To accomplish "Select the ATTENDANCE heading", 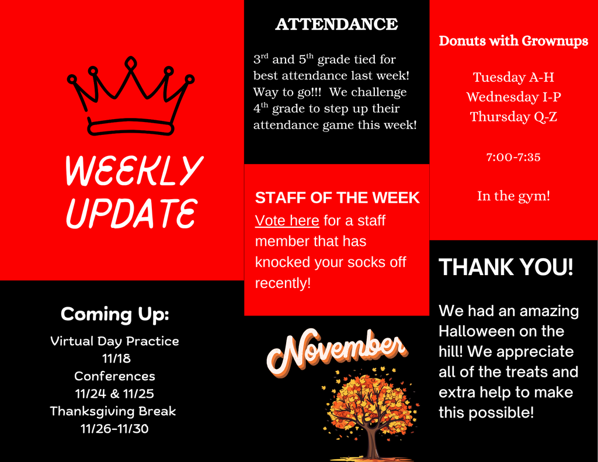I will coord(336,25).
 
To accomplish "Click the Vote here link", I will coord(287,221).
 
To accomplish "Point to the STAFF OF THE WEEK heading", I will coord(337,198).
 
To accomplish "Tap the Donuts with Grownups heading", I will coord(513,41).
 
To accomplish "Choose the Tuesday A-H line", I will coord(513,77).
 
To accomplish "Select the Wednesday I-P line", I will coord(513,96).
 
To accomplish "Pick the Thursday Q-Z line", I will coord(513,116).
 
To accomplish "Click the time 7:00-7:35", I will coord(513,157).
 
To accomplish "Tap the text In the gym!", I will coord(513,196).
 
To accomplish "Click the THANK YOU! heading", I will coord(506,268).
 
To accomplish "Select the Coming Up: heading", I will coord(114,314).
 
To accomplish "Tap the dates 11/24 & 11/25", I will coord(114,393).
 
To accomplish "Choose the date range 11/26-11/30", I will coord(114,429).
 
